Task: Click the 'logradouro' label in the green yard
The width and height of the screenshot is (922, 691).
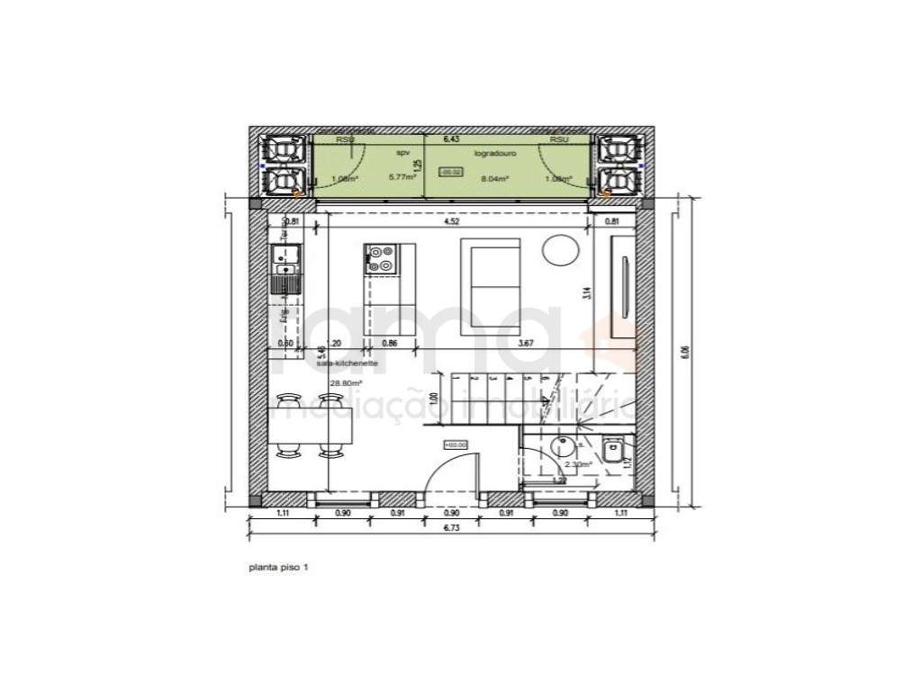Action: tap(493, 154)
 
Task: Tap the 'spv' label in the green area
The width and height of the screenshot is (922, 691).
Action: tap(402, 154)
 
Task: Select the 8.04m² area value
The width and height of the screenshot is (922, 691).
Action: tap(495, 179)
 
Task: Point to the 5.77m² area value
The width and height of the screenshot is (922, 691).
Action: tap(402, 178)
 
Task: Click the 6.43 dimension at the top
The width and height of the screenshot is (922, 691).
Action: tap(450, 140)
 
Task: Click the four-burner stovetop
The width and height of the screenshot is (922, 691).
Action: tap(380, 259)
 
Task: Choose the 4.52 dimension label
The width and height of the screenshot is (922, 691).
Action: tap(457, 220)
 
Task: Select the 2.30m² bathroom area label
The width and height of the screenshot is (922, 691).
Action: tap(577, 465)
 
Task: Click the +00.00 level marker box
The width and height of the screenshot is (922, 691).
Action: tap(455, 444)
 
